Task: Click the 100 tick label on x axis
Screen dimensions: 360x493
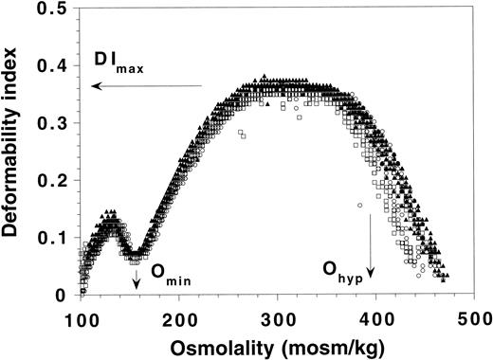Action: pyautogui.click(x=83, y=314)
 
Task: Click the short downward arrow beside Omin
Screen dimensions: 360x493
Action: pyautogui.click(x=137, y=276)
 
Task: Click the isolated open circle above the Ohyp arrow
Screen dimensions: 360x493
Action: pyautogui.click(x=359, y=205)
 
